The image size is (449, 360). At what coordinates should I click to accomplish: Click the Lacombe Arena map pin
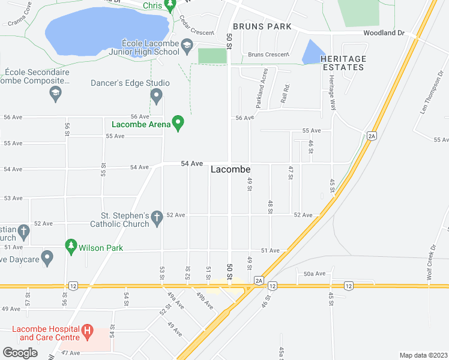178,124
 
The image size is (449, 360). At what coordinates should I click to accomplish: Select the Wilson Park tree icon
71,246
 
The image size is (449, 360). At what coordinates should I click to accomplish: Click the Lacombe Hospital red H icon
88,330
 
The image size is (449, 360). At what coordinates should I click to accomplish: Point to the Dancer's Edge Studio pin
157,95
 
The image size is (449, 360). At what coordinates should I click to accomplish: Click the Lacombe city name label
231,170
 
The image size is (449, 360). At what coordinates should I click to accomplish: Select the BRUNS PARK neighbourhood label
262,26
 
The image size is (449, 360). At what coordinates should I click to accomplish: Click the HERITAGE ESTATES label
343,63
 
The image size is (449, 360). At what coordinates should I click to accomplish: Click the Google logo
20,352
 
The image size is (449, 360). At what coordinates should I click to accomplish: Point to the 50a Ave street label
314,274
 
